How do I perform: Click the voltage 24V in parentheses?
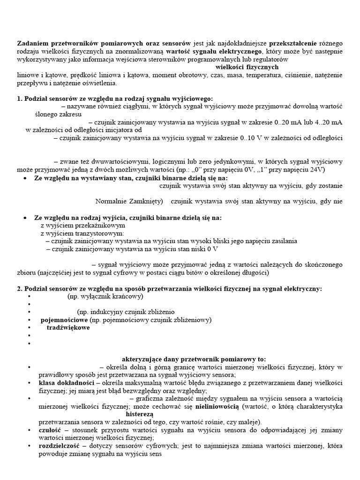tap(315, 169)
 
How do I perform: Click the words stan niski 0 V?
tap(194, 249)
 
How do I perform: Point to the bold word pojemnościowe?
tap(65, 320)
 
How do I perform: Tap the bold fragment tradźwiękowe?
tap(68, 328)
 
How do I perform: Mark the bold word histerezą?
tap(139, 414)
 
